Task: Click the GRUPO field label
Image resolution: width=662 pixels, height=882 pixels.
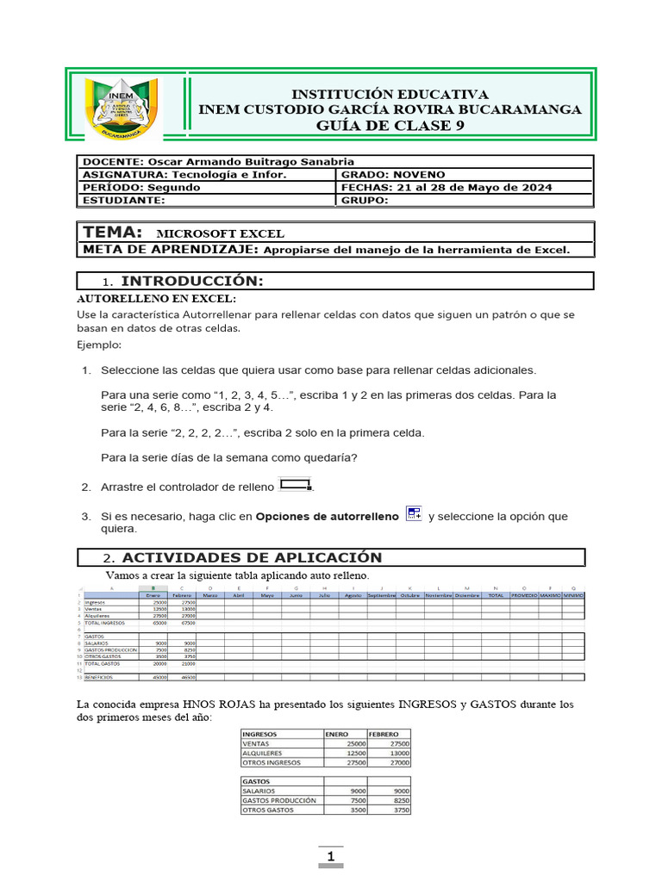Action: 365,201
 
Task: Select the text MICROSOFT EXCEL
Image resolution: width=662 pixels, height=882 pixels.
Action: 220,233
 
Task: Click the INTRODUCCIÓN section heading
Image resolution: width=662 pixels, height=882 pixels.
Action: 191,282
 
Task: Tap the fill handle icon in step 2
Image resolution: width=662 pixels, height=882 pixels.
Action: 295,486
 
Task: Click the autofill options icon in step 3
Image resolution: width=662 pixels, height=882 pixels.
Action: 414,514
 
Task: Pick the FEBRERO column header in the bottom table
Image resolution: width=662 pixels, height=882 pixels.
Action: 384,734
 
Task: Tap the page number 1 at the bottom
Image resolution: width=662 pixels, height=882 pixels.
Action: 331,857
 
